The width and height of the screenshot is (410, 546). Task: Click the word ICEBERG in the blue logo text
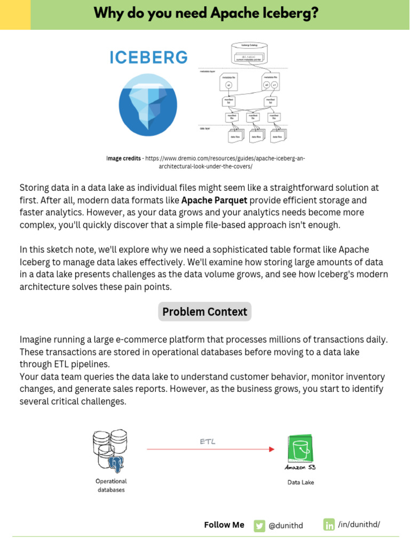[148, 57]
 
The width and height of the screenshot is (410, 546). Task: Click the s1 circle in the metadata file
[274, 85]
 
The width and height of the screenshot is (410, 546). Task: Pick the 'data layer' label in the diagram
[206, 129]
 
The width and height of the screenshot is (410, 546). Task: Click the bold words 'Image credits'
[124, 159]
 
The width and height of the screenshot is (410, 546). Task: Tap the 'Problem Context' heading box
[204, 311]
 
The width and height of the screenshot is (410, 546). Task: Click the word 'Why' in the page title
[109, 13]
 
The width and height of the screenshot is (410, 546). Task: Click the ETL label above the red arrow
[208, 441]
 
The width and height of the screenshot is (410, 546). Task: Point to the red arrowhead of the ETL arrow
[272, 449]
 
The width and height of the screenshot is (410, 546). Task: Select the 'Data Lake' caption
[301, 483]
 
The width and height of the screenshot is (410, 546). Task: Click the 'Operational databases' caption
[111, 485]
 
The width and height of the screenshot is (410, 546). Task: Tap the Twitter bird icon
[259, 525]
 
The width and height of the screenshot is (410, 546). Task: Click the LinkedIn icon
[329, 525]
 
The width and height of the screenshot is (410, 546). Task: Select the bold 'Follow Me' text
[224, 525]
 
